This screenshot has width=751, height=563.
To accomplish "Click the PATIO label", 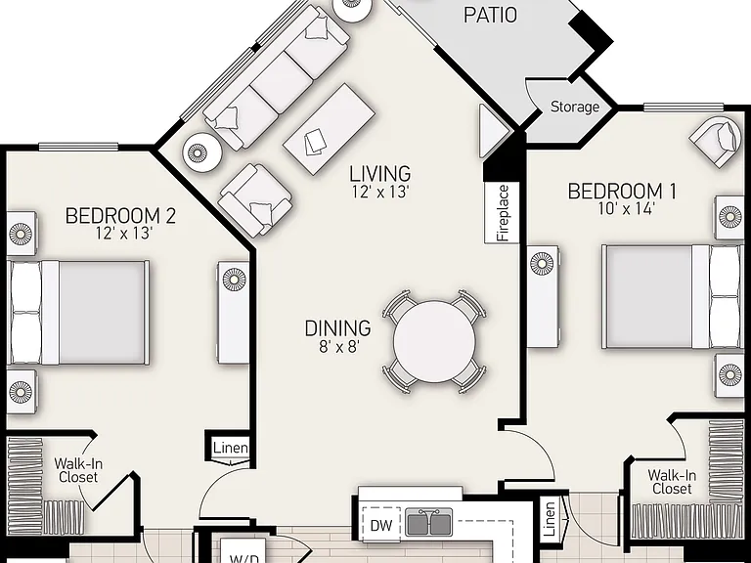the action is [x=491, y=15].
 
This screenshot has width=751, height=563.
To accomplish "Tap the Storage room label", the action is [x=575, y=107].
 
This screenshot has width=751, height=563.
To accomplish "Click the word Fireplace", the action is [x=503, y=213].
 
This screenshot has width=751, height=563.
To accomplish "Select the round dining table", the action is [x=434, y=341].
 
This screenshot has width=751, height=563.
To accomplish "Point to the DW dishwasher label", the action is [x=381, y=525].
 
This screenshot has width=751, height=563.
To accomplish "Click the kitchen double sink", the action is [x=428, y=522].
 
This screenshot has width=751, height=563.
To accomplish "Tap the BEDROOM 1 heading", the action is [x=622, y=192].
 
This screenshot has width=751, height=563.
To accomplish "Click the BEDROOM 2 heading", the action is [x=120, y=216].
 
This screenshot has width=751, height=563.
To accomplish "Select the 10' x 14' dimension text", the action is [x=627, y=209].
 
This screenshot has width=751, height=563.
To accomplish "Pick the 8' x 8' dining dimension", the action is [x=339, y=346].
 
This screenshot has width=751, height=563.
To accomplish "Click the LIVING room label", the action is [x=379, y=173].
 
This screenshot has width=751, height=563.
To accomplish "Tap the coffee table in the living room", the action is [x=329, y=129].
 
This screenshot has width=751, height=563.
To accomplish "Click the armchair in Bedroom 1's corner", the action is [x=714, y=141].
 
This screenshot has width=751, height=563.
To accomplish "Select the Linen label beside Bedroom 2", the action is [x=231, y=448].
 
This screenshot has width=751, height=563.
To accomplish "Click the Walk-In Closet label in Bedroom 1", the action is [x=672, y=482].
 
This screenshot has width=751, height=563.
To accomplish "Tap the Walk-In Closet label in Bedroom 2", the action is [x=78, y=470].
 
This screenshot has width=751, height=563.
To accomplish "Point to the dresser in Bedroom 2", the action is [x=234, y=313].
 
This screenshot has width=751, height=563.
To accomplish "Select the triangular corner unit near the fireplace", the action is [x=492, y=131].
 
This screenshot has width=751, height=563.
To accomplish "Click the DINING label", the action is [x=338, y=328].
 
